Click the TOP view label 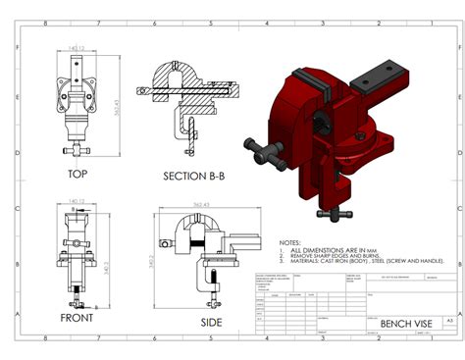point(77,175)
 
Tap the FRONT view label point(77,318)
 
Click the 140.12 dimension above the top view point(77,46)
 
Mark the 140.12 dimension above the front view point(77,202)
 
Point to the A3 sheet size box point(449,320)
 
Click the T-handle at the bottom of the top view point(77,151)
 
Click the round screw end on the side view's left point(157,237)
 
